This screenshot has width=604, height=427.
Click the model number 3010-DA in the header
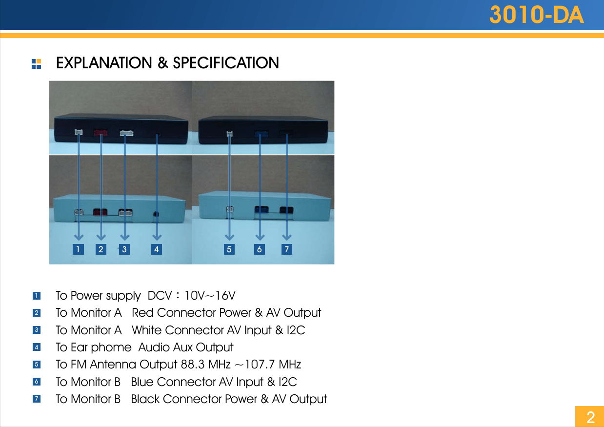[536, 16]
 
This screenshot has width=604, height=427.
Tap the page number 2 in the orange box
[590, 417]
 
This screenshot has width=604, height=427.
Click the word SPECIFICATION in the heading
[226, 63]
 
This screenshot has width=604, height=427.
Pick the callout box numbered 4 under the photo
[156, 249]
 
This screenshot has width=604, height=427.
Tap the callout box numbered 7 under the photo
[287, 249]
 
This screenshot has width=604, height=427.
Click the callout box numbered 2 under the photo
[101, 249]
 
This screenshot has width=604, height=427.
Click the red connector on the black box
[101, 132]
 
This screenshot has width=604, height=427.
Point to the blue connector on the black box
[261, 132]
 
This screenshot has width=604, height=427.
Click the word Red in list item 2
[142, 313]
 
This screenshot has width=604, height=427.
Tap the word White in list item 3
[146, 330]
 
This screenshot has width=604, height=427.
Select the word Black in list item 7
[145, 399]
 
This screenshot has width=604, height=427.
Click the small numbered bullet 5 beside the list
[37, 365]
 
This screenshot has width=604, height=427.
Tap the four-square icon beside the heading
[36, 64]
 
